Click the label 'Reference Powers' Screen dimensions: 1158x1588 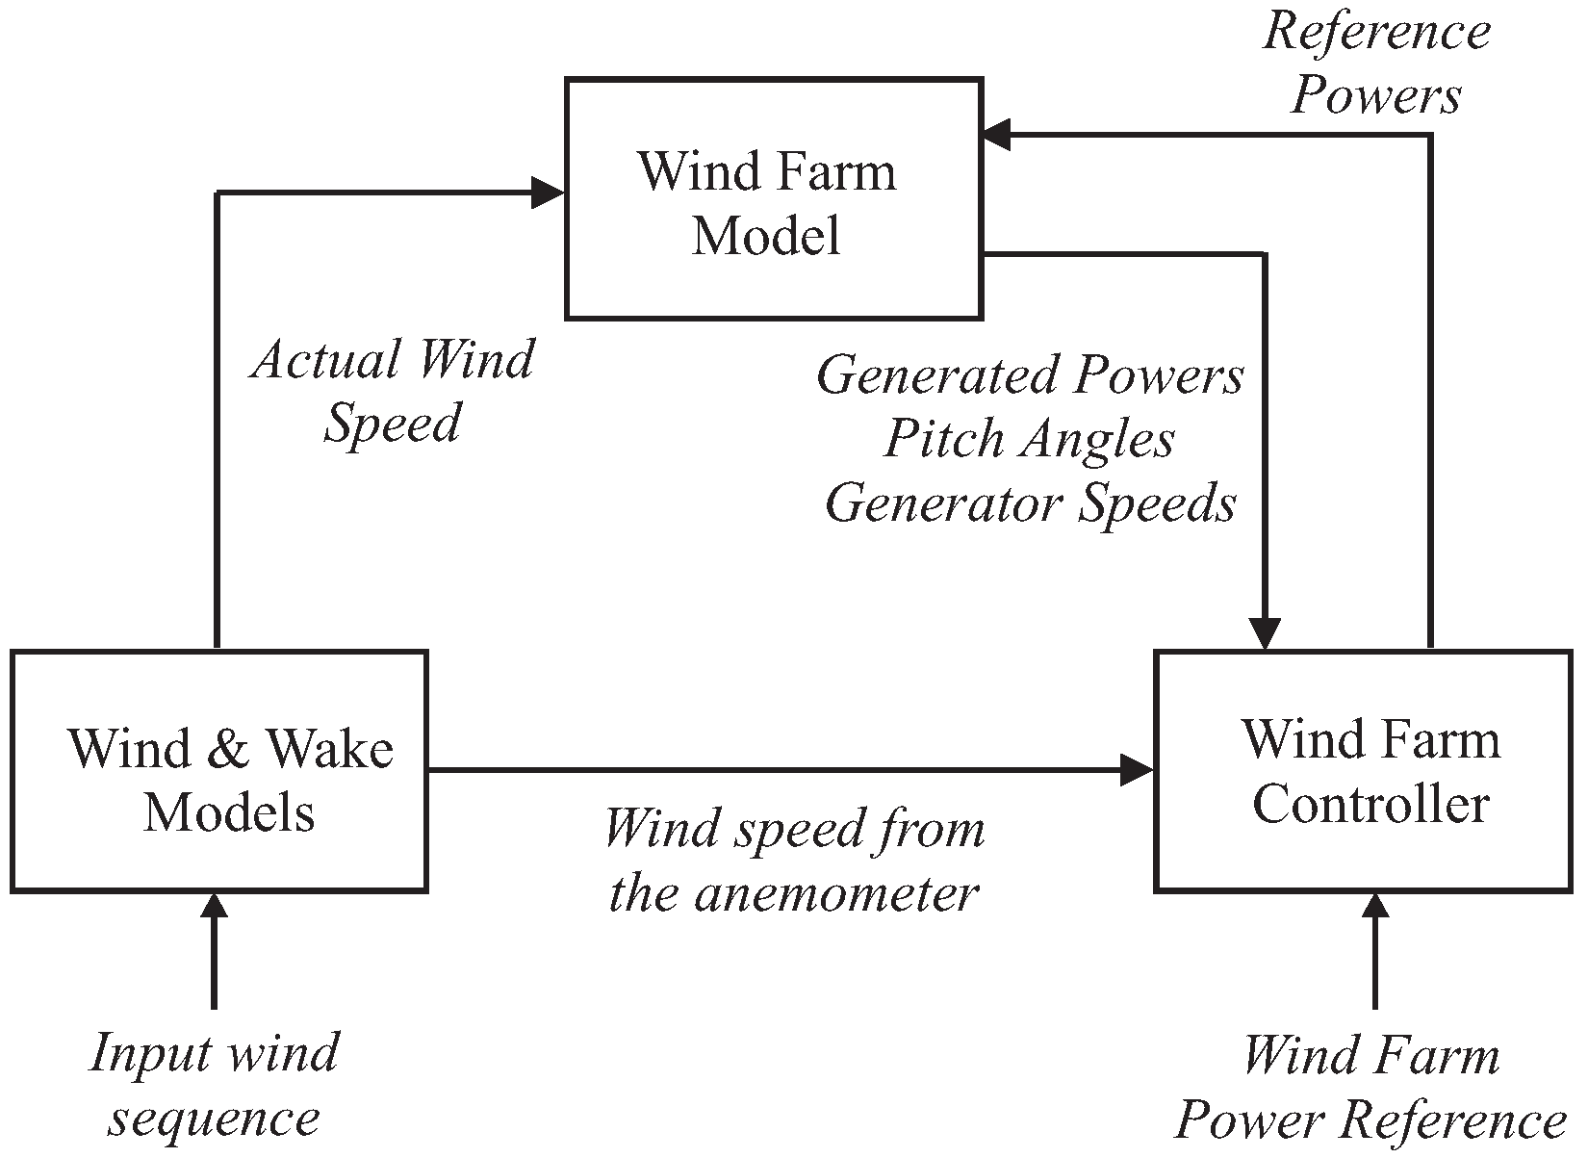click(x=1375, y=64)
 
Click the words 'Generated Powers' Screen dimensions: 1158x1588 click(x=1030, y=375)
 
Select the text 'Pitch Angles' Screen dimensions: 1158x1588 click(x=1029, y=439)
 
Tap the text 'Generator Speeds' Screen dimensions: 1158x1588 click(x=1030, y=502)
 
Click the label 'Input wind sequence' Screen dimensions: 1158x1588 click(x=215, y=1086)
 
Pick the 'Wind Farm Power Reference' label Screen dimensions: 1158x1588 click(x=1370, y=1088)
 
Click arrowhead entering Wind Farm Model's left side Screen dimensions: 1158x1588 click(x=549, y=193)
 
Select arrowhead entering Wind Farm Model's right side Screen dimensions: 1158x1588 click(x=998, y=135)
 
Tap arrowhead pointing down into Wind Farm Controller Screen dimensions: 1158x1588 click(x=1264, y=633)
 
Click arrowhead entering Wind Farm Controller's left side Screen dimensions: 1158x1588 click(x=1138, y=769)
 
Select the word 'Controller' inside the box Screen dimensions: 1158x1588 click(x=1370, y=803)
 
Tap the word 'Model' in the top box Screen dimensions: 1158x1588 click(x=766, y=235)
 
